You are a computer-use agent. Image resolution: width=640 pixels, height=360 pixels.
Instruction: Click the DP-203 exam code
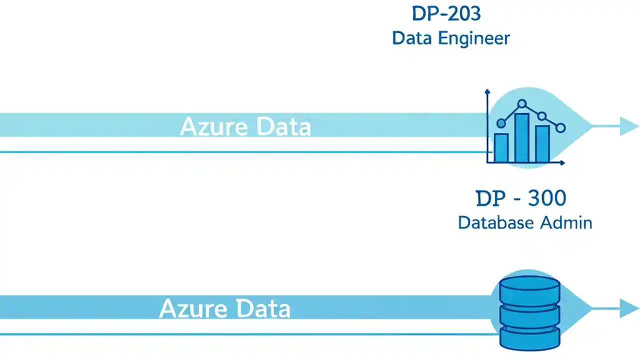(x=446, y=13)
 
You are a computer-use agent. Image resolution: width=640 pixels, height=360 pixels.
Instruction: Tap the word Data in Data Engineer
(x=412, y=38)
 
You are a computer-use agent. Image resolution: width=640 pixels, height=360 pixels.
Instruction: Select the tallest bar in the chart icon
(x=522, y=138)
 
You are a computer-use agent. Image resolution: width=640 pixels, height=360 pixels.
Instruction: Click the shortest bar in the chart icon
(x=501, y=147)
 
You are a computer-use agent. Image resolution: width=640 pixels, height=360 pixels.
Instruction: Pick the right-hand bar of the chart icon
(x=542, y=143)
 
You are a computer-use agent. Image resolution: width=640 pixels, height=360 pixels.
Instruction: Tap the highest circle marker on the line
(x=522, y=104)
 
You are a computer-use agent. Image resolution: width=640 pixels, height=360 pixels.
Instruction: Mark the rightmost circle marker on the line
(x=560, y=128)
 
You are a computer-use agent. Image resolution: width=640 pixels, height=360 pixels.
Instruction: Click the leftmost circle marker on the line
(x=501, y=123)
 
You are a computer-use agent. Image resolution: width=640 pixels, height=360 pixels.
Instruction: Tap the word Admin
(x=566, y=222)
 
